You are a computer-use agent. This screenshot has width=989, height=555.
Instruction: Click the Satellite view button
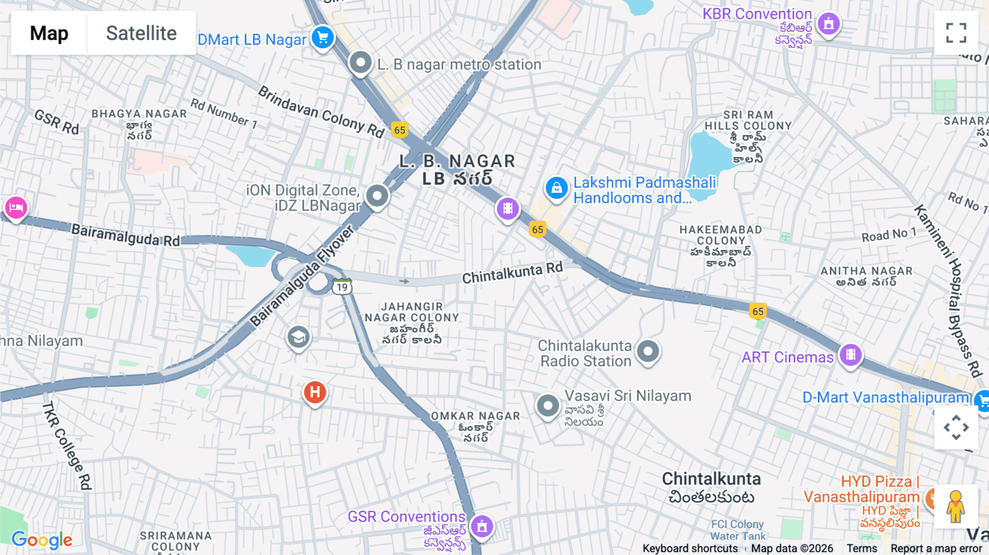tap(141, 33)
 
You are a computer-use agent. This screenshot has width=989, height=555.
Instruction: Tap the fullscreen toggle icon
tap(956, 33)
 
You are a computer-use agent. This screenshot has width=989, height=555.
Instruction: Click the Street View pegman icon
tap(955, 506)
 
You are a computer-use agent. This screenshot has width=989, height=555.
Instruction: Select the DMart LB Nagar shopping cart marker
tap(323, 38)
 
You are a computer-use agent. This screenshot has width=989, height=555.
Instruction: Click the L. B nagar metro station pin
tap(360, 62)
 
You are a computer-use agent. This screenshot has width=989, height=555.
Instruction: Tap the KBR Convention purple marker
tap(829, 24)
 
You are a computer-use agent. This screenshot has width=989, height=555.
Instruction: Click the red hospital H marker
tap(315, 392)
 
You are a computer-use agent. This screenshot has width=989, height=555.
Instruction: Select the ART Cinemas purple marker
tap(850, 354)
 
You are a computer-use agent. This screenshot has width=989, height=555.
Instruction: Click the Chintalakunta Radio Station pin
tap(648, 351)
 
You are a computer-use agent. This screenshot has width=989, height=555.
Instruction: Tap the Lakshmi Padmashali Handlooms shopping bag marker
tap(557, 188)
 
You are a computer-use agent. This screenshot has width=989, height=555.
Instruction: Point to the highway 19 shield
tap(342, 287)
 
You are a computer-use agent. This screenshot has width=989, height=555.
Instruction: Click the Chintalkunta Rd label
tap(512, 273)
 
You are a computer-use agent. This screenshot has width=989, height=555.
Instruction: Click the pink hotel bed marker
tap(16, 208)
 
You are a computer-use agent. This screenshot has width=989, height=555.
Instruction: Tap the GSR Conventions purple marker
tap(482, 526)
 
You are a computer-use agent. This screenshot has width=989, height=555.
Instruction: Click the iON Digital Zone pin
tap(377, 196)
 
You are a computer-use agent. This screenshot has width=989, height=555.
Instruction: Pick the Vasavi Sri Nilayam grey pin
tap(548, 406)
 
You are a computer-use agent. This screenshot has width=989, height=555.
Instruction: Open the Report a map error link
tap(936, 548)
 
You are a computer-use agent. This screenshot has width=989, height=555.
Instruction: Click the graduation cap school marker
tap(298, 337)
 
